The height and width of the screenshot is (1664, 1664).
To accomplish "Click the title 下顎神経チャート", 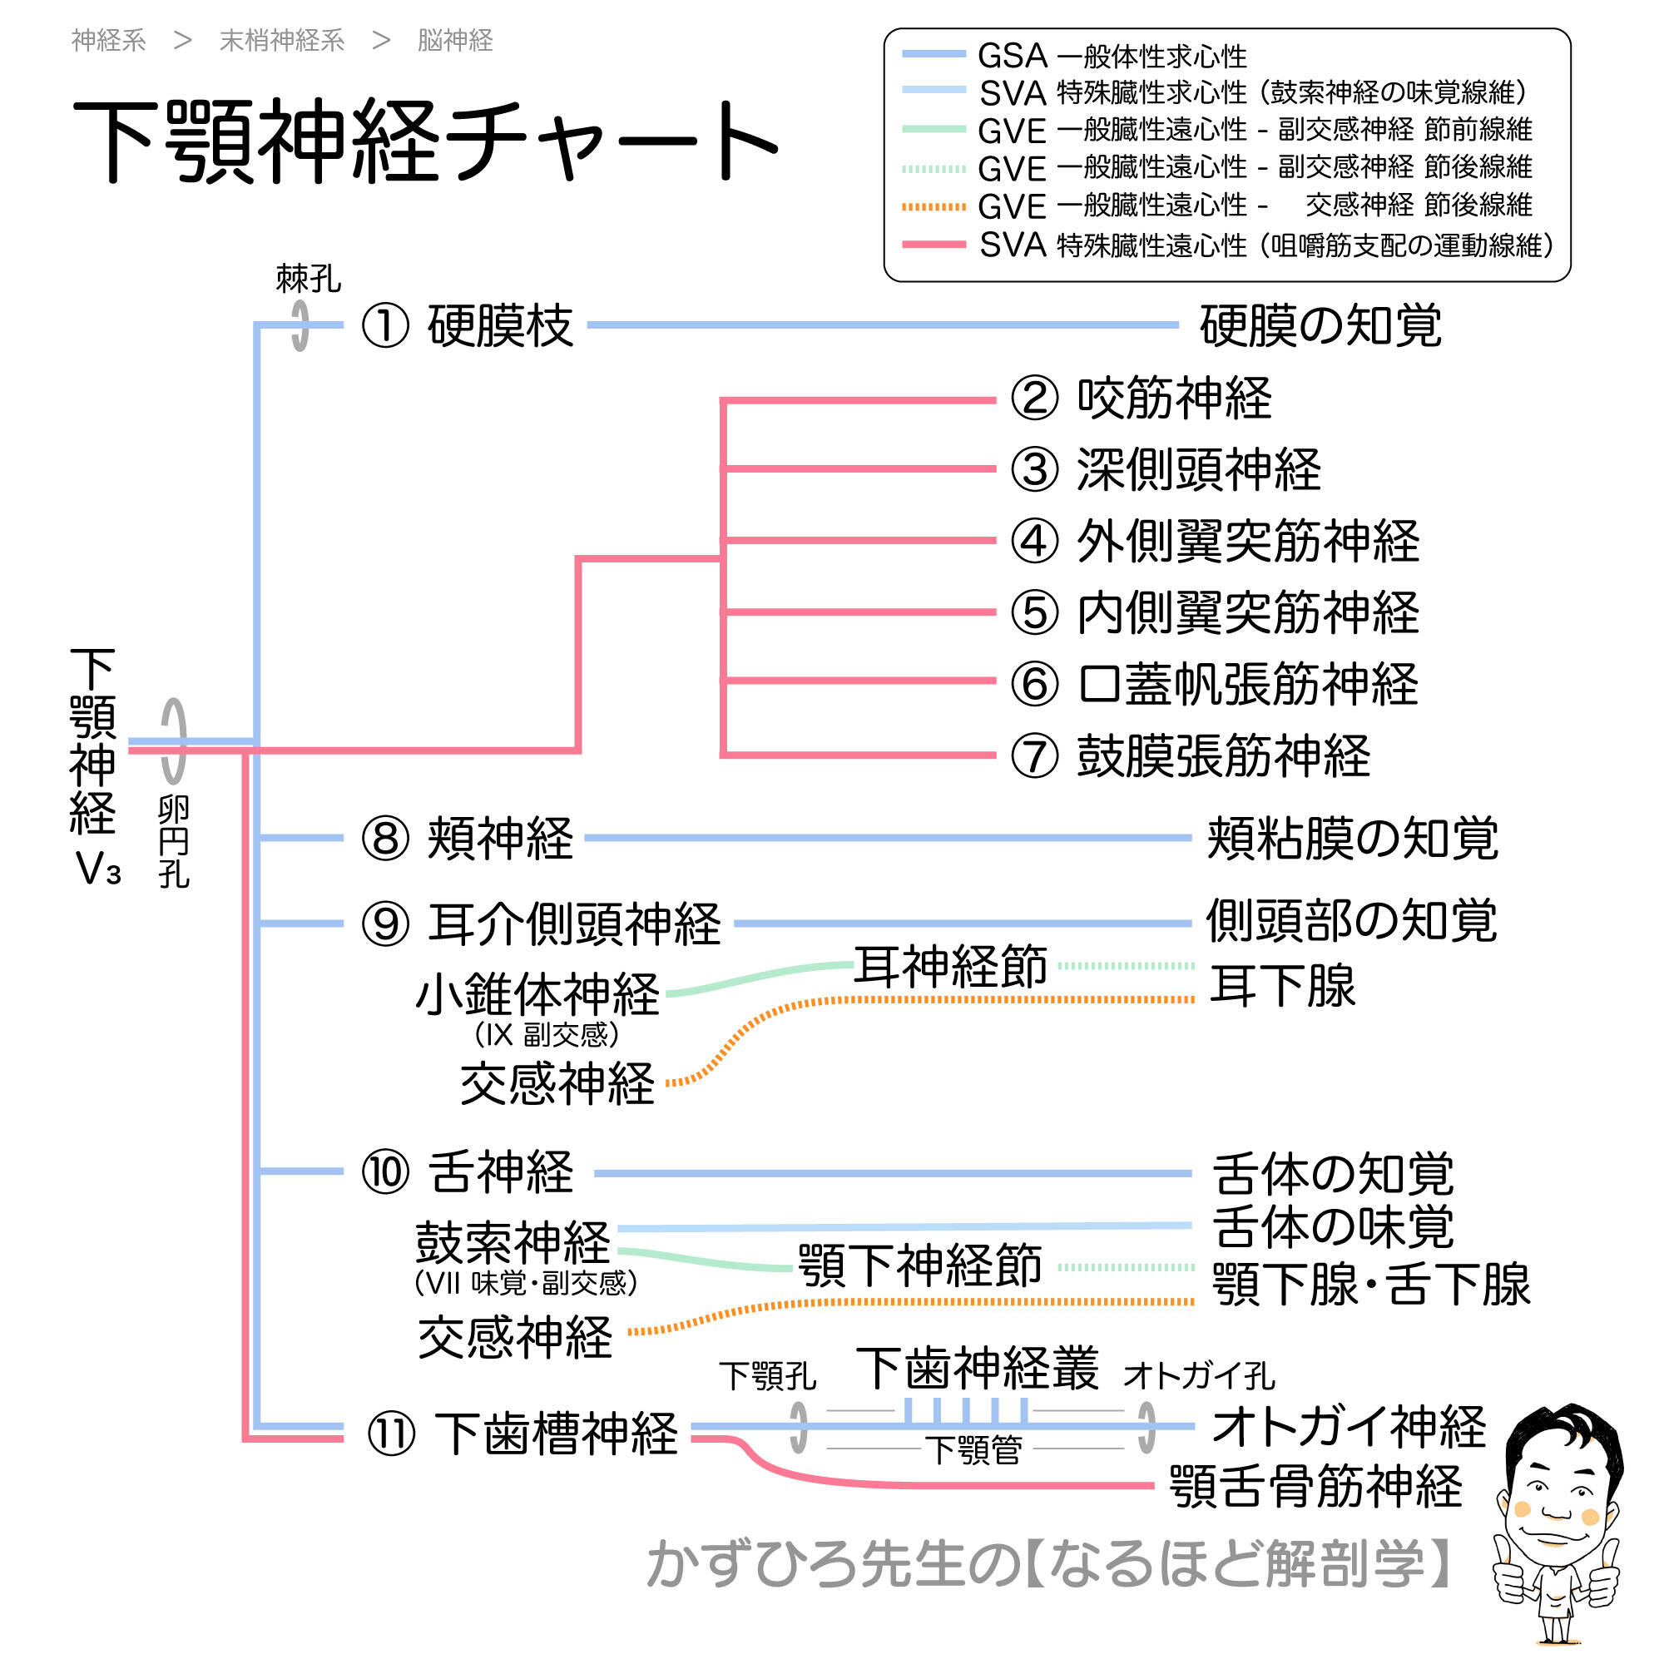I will pyautogui.click(x=425, y=141).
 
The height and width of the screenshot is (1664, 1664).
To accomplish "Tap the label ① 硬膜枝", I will pyautogui.click(x=467, y=326).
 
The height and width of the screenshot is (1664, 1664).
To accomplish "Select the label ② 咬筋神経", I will pyautogui.click(x=1141, y=399).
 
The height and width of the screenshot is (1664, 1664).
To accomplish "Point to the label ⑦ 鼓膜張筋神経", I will pyautogui.click(x=1190, y=756).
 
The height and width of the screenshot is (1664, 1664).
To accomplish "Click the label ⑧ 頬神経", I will pyautogui.click(x=467, y=838).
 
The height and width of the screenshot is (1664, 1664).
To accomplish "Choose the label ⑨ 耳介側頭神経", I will pyautogui.click(x=541, y=924).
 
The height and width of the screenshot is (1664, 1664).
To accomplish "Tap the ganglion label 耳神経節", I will pyautogui.click(x=950, y=965).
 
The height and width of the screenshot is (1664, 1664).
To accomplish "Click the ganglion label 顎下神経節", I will pyautogui.click(x=920, y=1266).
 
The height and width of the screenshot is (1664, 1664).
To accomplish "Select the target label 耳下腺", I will pyautogui.click(x=1281, y=986).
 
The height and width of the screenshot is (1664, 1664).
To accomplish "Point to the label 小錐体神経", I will pyautogui.click(x=537, y=995).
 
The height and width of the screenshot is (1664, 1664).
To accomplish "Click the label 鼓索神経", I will pyautogui.click(x=513, y=1242).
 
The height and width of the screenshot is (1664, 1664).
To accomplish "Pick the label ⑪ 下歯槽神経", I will pyautogui.click(x=522, y=1434).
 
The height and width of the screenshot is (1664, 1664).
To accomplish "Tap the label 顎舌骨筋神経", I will pyautogui.click(x=1315, y=1487).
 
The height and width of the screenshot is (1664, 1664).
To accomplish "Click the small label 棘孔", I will pyautogui.click(x=309, y=279).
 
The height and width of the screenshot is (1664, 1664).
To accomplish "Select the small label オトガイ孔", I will pyautogui.click(x=1199, y=1376).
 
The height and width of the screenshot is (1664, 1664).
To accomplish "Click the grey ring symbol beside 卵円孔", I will pyautogui.click(x=174, y=740).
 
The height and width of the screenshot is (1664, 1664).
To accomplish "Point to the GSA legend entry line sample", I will pyautogui.click(x=934, y=54).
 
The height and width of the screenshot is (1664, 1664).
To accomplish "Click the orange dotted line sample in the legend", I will pyautogui.click(x=934, y=206).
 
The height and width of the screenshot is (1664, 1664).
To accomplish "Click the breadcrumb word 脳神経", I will pyautogui.click(x=455, y=41).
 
